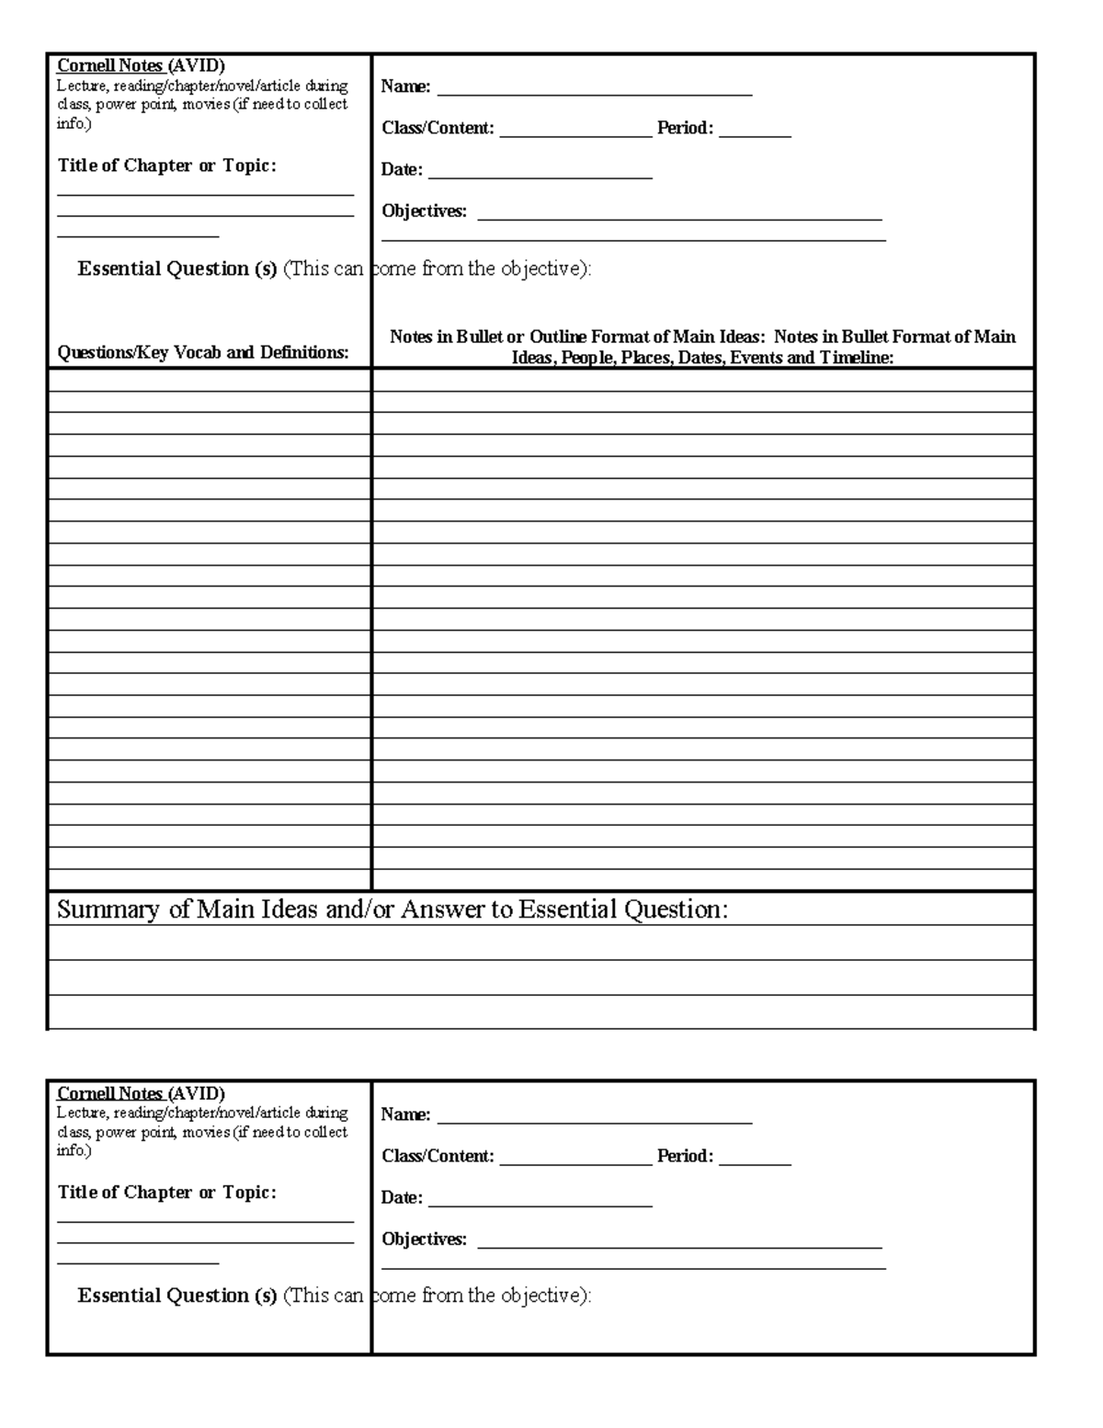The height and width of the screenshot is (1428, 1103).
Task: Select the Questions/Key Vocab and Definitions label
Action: (x=203, y=352)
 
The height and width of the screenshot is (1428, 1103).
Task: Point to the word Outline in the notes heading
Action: (x=558, y=337)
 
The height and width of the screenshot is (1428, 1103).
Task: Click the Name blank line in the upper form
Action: (x=595, y=94)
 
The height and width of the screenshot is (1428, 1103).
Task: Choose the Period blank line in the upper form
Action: (x=755, y=136)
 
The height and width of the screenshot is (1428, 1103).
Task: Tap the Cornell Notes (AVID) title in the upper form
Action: (x=141, y=65)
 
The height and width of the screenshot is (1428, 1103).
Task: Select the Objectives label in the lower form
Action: (x=424, y=1239)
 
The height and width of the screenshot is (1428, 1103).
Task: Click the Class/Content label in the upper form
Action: (x=438, y=128)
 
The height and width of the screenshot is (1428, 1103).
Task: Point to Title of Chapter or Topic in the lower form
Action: (x=166, y=1193)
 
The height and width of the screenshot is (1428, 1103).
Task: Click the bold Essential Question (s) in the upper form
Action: (x=177, y=268)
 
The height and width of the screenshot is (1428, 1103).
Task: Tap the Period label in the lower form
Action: (x=685, y=1156)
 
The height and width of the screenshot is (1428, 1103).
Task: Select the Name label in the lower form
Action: (x=405, y=1114)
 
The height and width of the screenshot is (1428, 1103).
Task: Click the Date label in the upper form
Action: (x=402, y=169)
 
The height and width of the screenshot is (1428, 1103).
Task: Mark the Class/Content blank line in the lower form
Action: (x=575, y=1164)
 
